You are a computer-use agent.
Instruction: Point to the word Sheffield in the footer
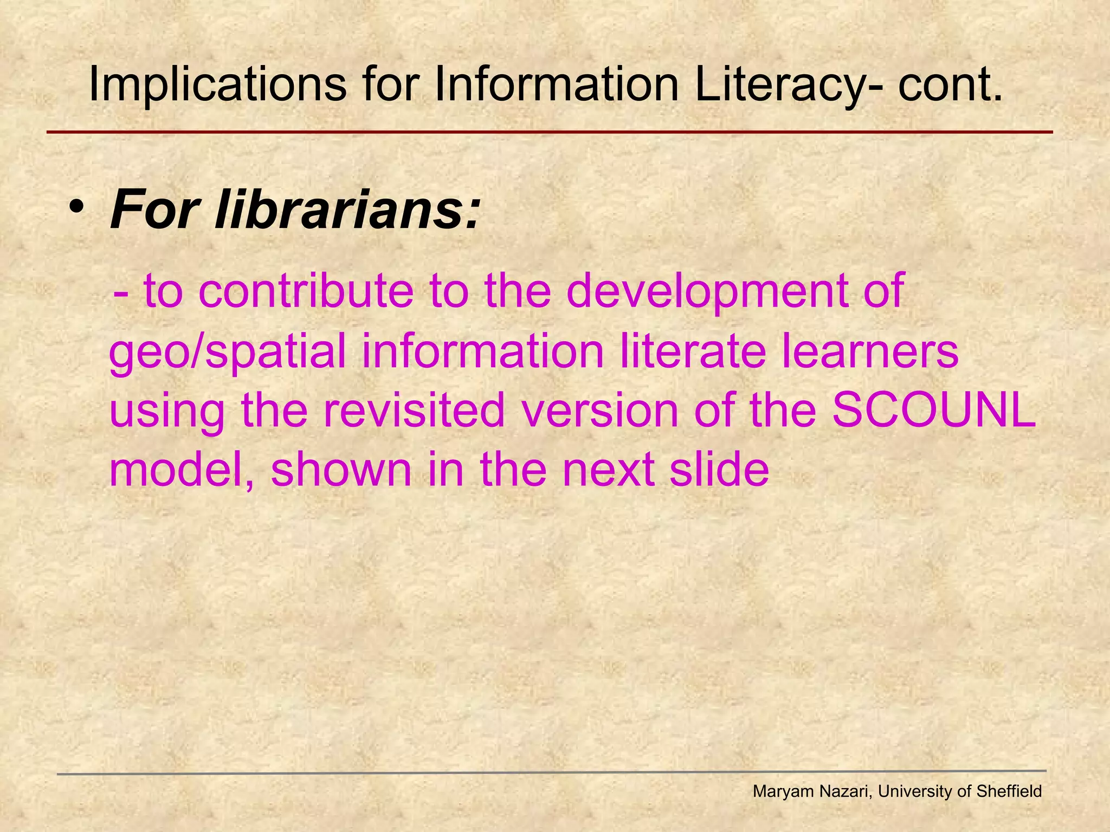[x=1009, y=791]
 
